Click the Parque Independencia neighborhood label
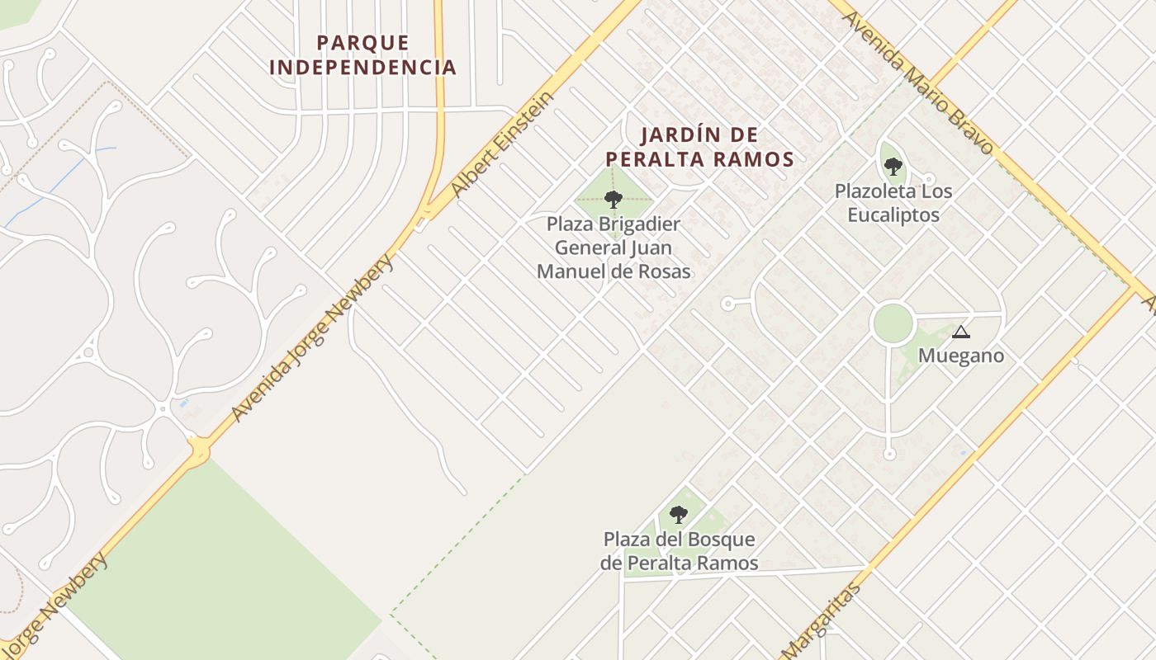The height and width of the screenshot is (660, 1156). coord(362,54)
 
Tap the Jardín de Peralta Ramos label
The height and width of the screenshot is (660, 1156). coord(699,147)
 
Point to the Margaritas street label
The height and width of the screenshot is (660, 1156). coord(821,620)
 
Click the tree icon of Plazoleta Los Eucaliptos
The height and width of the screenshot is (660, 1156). coord(893,167)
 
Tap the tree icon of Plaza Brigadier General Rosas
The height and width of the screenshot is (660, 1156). coord(613,199)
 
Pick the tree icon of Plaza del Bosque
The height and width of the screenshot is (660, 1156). coord(678,515)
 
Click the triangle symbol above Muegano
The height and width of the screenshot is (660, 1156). coord(959,332)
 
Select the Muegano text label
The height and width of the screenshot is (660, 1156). coord(961,356)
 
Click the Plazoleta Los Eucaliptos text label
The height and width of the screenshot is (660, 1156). coord(893,203)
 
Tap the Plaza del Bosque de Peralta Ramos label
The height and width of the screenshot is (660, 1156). coord(679,551)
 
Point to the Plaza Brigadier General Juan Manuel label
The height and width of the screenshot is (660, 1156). coord(614,247)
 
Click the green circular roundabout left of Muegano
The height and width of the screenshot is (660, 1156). coord(893,323)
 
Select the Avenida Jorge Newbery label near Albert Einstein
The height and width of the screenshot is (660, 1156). coord(313,338)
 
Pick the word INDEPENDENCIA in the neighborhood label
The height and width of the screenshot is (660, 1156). coord(362,67)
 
